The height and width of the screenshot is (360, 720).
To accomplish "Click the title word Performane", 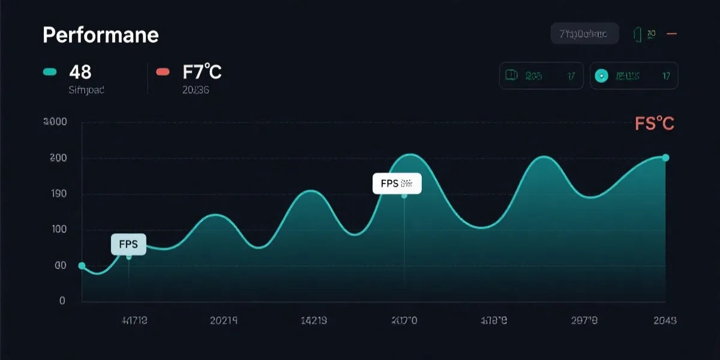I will tap(101, 35).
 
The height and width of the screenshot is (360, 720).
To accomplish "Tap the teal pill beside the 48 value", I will tap(50, 73).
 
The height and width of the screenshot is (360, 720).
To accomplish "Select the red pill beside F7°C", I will tap(163, 73).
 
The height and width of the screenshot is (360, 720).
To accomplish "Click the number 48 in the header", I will tap(80, 73).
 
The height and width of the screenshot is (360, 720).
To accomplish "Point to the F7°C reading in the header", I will tap(202, 73).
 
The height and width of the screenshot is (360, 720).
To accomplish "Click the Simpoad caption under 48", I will tap(86, 91).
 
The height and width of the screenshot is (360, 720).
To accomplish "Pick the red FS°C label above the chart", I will tap(655, 124).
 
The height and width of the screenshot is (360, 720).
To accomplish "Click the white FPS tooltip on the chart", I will tap(397, 184).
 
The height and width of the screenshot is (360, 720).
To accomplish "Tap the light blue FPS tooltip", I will tap(128, 245).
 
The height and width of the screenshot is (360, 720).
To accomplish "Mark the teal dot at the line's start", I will tap(82, 266).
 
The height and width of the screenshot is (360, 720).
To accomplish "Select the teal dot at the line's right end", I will tap(665, 158).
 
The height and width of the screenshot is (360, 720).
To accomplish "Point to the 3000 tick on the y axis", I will tap(55, 122).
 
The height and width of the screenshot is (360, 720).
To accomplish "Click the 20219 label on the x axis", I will tap(224, 320).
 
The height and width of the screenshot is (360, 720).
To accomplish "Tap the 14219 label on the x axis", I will tap(313, 320).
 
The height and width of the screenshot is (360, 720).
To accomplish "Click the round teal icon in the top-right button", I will tap(601, 76).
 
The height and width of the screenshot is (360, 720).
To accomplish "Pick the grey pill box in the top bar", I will tap(584, 34).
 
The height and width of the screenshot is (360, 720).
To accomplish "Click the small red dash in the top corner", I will tap(672, 34).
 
